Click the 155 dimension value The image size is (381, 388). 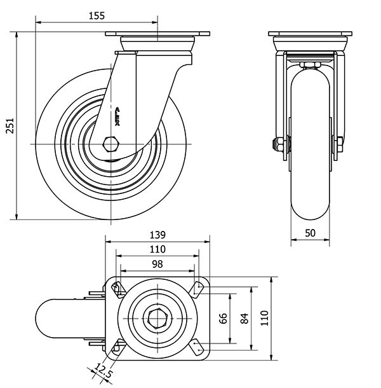point(96,17)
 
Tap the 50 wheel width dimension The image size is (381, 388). point(311,233)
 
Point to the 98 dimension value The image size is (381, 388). point(157,263)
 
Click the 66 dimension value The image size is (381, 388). point(223,318)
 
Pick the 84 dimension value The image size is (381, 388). point(244,318)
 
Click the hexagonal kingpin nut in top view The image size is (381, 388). point(157,317)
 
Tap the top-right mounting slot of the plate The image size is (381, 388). point(198,289)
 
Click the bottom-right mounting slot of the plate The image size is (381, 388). point(198,347)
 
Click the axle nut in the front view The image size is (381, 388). point(278,144)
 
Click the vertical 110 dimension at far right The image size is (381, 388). point(265,318)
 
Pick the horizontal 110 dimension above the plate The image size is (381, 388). point(157,249)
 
